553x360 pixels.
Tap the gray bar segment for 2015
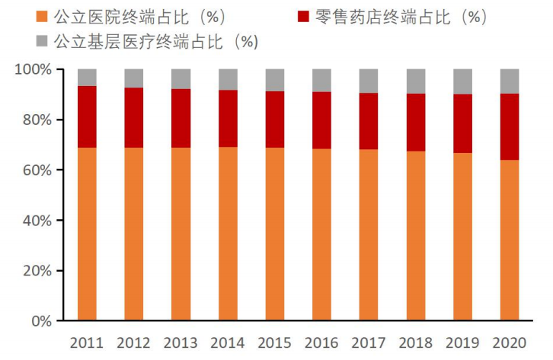click(x=275, y=80)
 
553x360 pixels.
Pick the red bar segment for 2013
click(x=181, y=118)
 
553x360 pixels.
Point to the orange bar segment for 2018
click(x=416, y=236)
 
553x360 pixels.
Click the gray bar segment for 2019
click(x=463, y=81)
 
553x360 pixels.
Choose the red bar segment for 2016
click(x=322, y=120)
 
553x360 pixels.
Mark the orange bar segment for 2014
click(x=228, y=233)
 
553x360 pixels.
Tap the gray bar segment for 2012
click(x=134, y=78)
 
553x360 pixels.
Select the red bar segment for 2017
click(x=369, y=121)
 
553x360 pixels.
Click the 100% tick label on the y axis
click(x=34, y=69)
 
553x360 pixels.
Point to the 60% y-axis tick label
click(x=37, y=170)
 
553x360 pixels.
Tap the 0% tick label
click(x=41, y=321)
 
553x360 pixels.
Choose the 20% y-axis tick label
click(x=37, y=271)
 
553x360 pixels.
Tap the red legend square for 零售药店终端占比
click(x=304, y=15)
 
